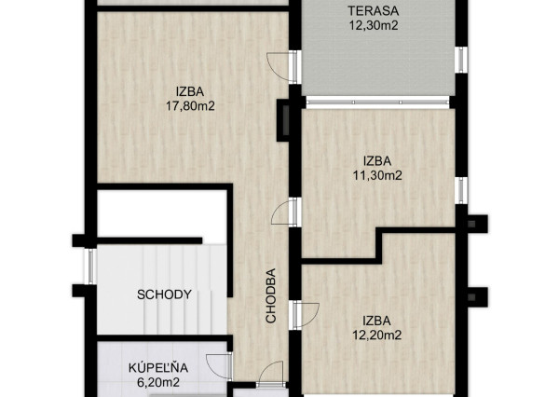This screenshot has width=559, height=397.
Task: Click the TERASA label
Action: [x=374, y=10]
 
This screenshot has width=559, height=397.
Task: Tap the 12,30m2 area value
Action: [x=374, y=26]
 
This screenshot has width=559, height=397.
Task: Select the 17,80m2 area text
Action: [x=190, y=106]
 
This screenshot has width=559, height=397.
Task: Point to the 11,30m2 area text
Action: [x=377, y=175]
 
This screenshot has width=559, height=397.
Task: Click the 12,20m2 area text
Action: [x=376, y=335]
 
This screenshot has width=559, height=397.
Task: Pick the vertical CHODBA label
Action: [x=271, y=295]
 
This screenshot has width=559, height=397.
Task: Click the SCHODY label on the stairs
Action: [x=164, y=294]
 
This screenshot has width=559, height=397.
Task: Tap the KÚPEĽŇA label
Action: [x=158, y=368]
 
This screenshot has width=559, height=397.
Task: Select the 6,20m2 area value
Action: [x=158, y=382]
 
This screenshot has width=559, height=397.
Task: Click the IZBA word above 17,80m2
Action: [x=190, y=91]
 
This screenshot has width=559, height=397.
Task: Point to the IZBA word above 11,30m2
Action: [x=377, y=161]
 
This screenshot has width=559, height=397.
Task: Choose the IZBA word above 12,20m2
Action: [x=376, y=321]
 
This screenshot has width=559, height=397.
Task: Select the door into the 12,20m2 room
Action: [x=305, y=315]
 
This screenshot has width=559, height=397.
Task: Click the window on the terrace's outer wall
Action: [x=462, y=60]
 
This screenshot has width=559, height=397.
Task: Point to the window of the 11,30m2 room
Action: [x=462, y=190]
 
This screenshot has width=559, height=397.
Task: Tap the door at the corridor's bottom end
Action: [x=272, y=375]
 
